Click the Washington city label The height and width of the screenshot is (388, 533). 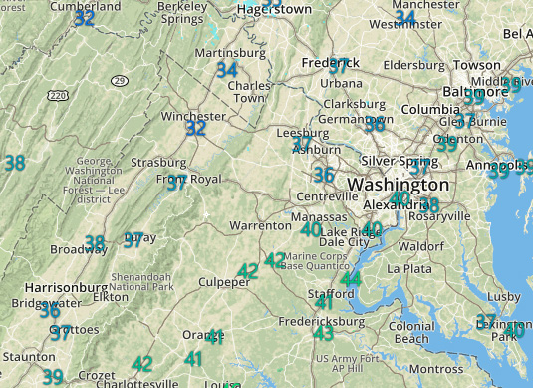pyautogui.click(x=398, y=185)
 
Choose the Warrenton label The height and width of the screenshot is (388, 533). pyautogui.click(x=260, y=226)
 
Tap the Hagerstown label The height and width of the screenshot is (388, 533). pyautogui.click(x=274, y=9)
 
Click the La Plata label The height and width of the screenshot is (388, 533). pyautogui.click(x=408, y=269)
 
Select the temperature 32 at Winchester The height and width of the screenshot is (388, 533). pyautogui.click(x=196, y=128)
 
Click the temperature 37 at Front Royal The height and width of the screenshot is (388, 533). pyautogui.click(x=176, y=183)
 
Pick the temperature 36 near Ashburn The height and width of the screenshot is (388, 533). pyautogui.click(x=324, y=175)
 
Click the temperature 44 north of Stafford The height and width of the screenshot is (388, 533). pyautogui.click(x=351, y=279)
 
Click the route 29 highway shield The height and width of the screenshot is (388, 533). pyautogui.click(x=119, y=79)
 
